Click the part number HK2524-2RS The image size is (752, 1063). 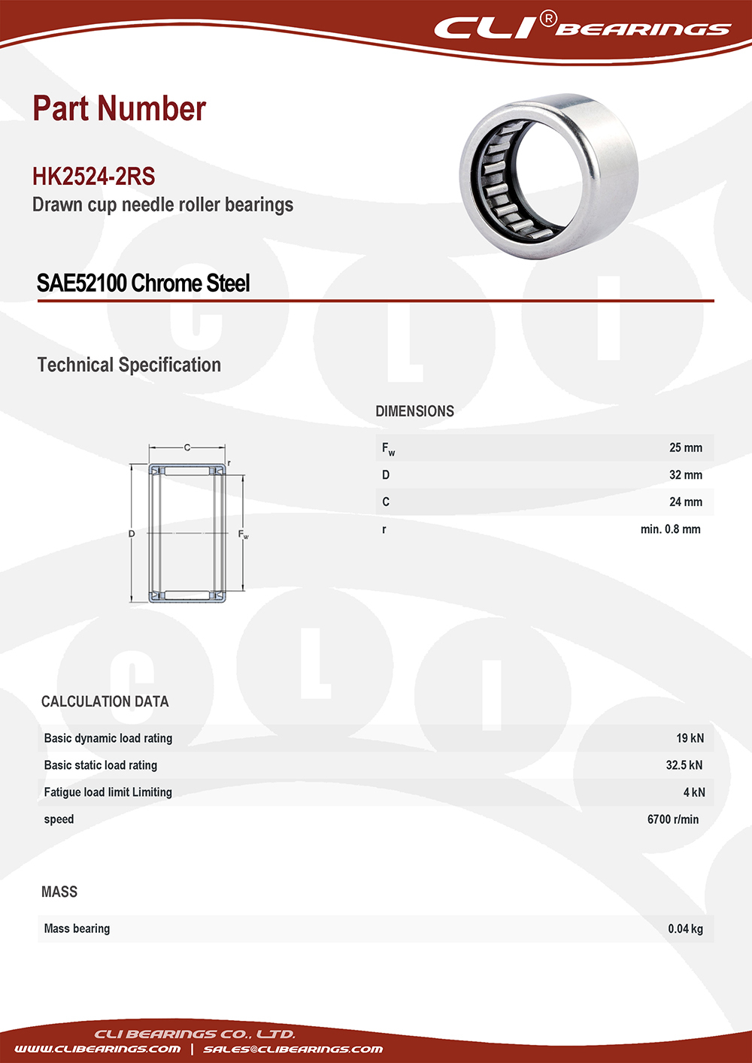click(x=93, y=177)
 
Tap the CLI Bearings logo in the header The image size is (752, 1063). click(x=582, y=29)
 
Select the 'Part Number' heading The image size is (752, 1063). click(x=119, y=109)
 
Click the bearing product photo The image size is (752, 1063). click(x=548, y=177)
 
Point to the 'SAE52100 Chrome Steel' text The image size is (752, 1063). click(x=143, y=283)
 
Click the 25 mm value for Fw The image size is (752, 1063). click(x=685, y=448)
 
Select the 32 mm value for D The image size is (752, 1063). click(x=685, y=475)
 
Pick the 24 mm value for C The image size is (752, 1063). click(x=685, y=502)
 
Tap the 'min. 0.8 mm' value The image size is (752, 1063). click(x=670, y=529)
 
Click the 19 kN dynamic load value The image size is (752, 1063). click(x=690, y=738)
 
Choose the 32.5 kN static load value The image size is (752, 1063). click(x=684, y=765)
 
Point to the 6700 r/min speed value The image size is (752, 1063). click(x=672, y=819)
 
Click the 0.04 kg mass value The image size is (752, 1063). click(x=685, y=929)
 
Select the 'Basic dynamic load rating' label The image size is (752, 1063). click(x=108, y=738)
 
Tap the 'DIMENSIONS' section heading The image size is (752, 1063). click(x=414, y=411)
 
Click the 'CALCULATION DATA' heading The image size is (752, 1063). click(x=105, y=701)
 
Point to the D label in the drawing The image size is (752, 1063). click(x=132, y=534)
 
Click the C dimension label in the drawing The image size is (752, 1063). click(x=187, y=448)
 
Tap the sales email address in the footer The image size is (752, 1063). click(x=293, y=1049)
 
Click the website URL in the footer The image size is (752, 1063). click(x=97, y=1049)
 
